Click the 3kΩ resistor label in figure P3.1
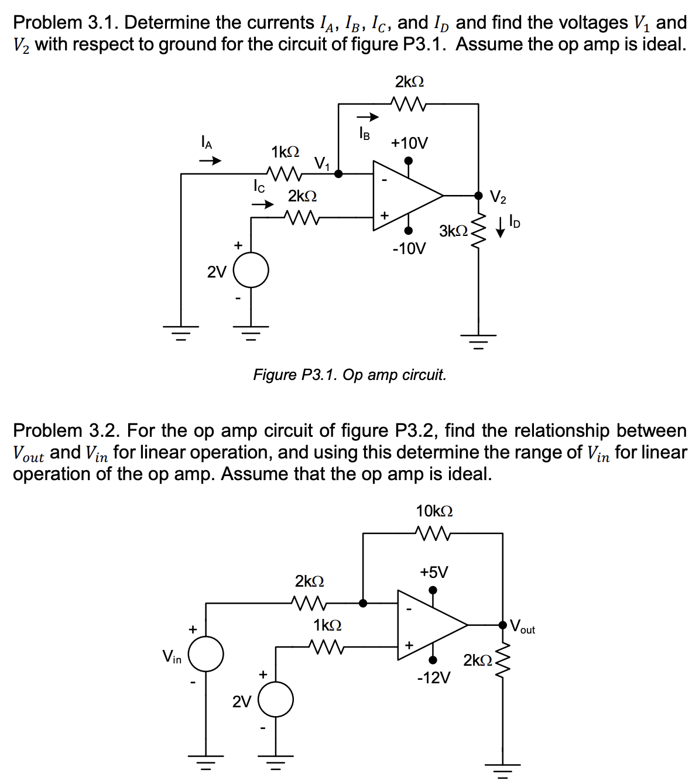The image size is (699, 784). [x=453, y=231]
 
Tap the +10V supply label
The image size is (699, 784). [x=409, y=143]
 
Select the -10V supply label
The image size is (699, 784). [x=409, y=249]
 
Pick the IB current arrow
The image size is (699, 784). [x=369, y=118]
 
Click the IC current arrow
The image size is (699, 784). [x=263, y=204]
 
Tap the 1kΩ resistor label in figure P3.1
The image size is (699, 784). [x=285, y=152]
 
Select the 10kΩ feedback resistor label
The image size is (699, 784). [x=434, y=511]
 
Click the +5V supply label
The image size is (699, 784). [x=433, y=572]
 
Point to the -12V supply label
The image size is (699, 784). [x=434, y=678]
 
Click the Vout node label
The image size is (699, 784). [x=522, y=626]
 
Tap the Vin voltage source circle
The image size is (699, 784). [x=205, y=653]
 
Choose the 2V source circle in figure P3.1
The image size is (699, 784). [x=251, y=271]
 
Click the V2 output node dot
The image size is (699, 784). [x=478, y=195]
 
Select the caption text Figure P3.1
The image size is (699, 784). [x=349, y=375]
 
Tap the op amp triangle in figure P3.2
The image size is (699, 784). [x=430, y=625]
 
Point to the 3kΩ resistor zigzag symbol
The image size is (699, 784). [x=478, y=231]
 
